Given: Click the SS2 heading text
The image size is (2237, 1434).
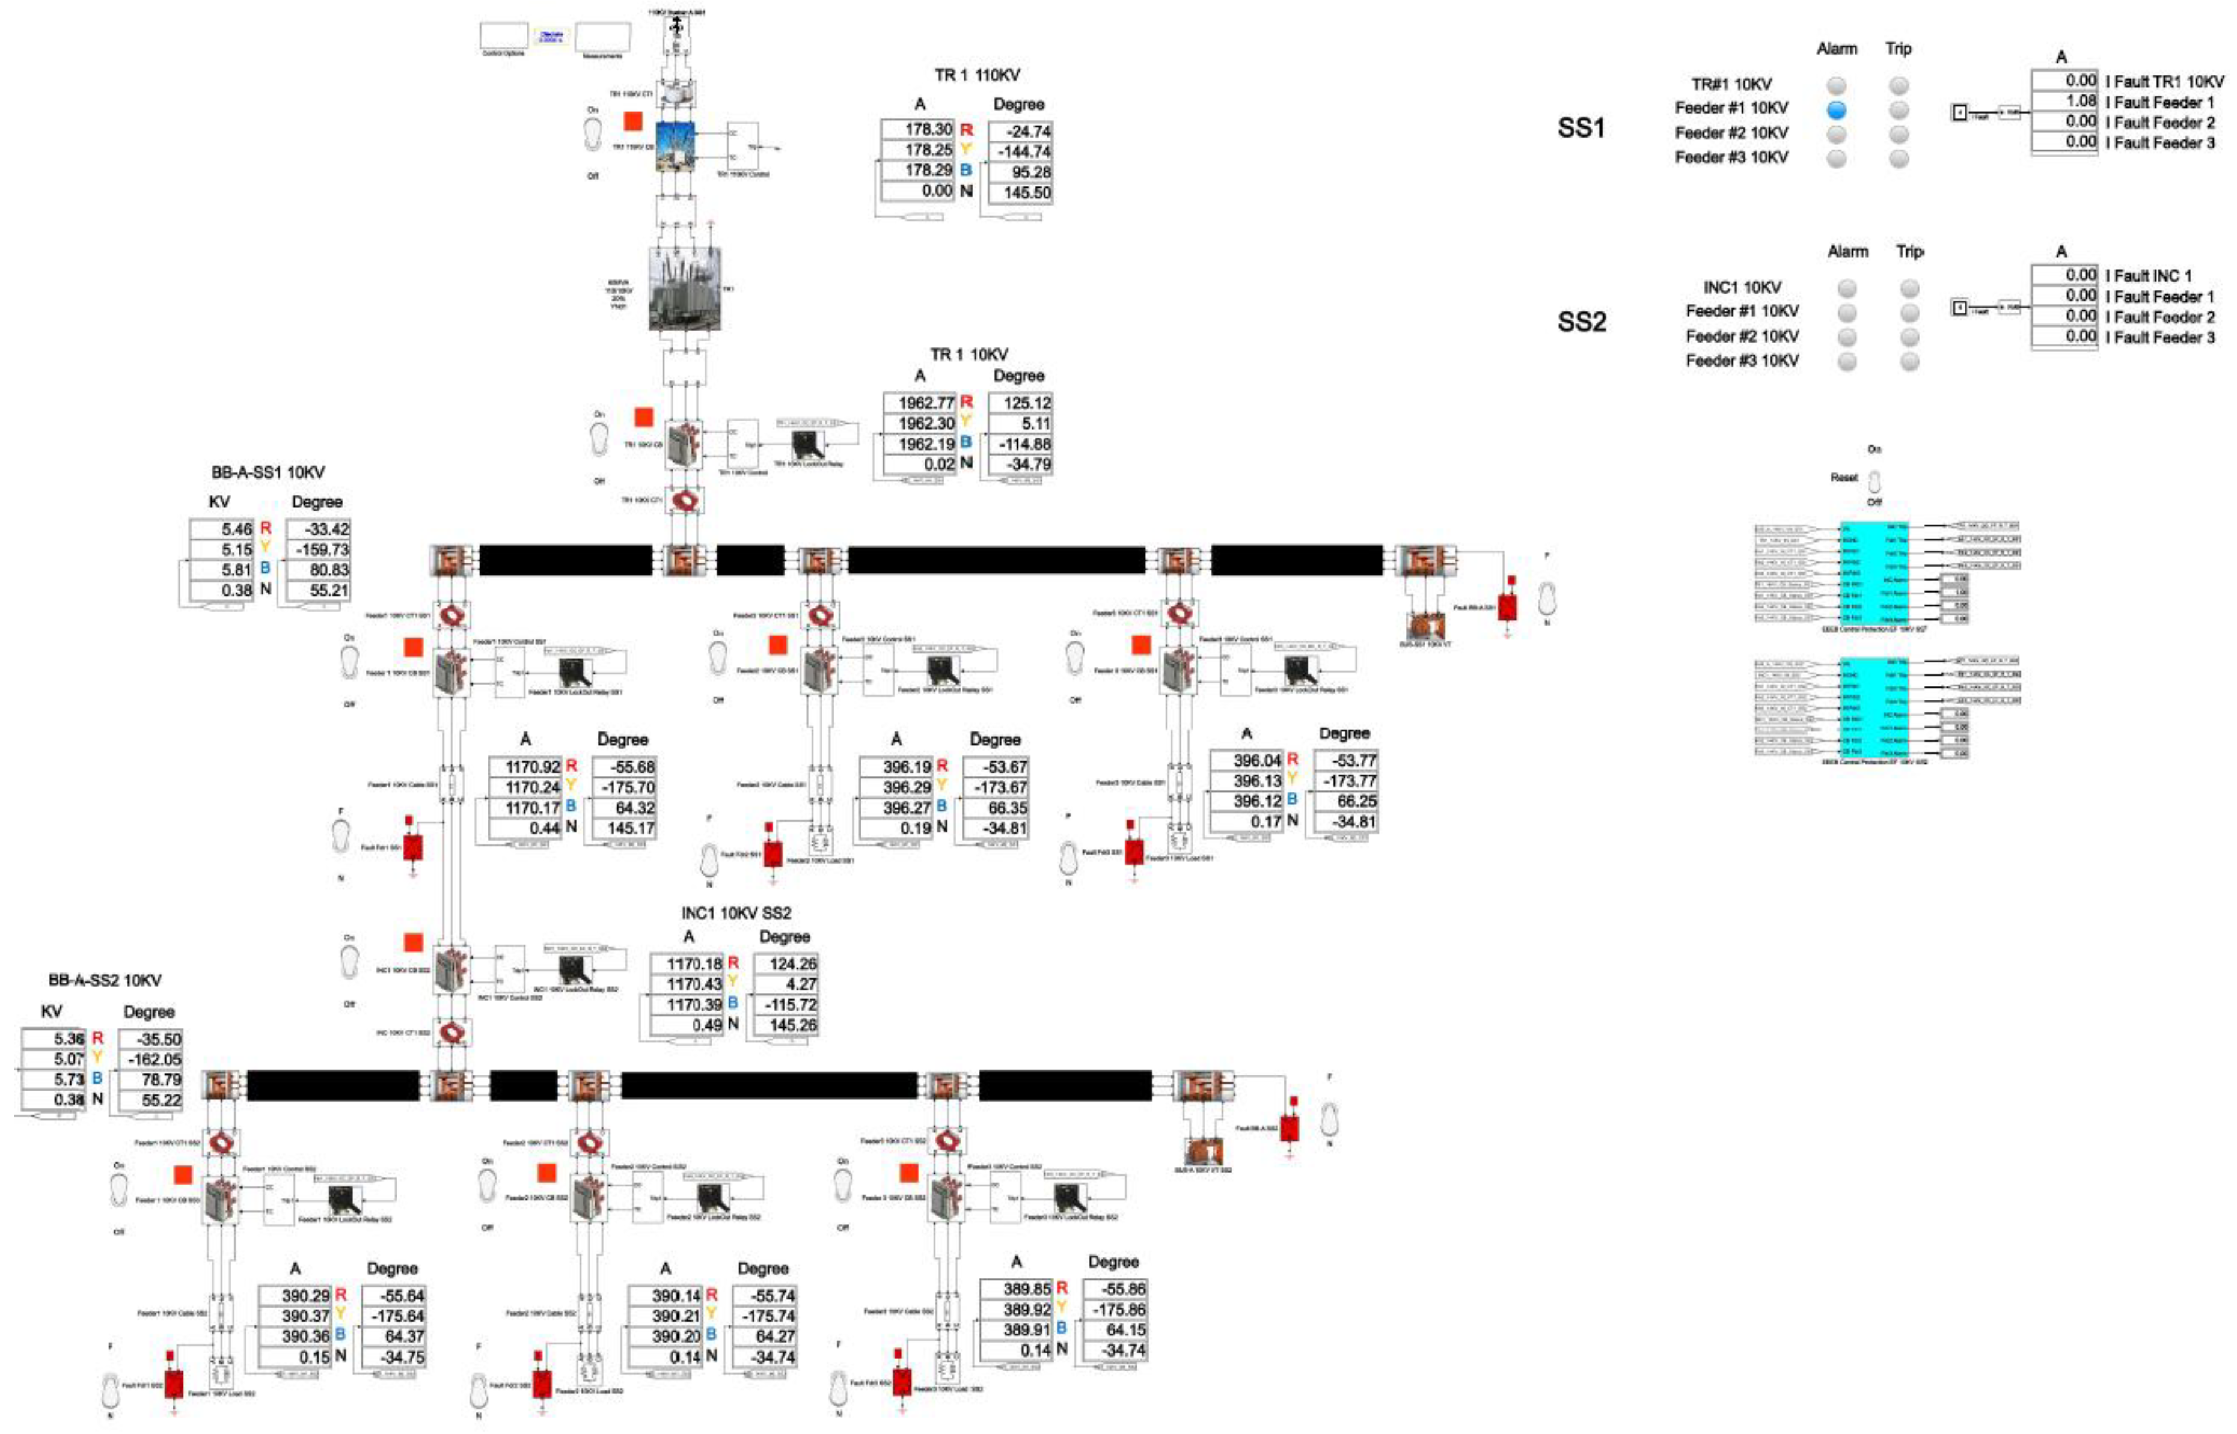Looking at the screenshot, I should [1581, 322].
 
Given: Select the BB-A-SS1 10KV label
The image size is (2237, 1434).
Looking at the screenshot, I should [268, 473].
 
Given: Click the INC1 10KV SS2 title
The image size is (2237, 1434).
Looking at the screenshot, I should [736, 914].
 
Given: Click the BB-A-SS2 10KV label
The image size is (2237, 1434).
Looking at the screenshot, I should [105, 980].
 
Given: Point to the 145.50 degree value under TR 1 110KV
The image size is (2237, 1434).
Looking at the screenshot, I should [1021, 193].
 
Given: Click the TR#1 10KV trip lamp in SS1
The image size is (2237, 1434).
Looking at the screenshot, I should [1898, 86].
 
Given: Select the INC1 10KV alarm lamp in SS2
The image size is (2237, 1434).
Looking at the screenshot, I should [1847, 288].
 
